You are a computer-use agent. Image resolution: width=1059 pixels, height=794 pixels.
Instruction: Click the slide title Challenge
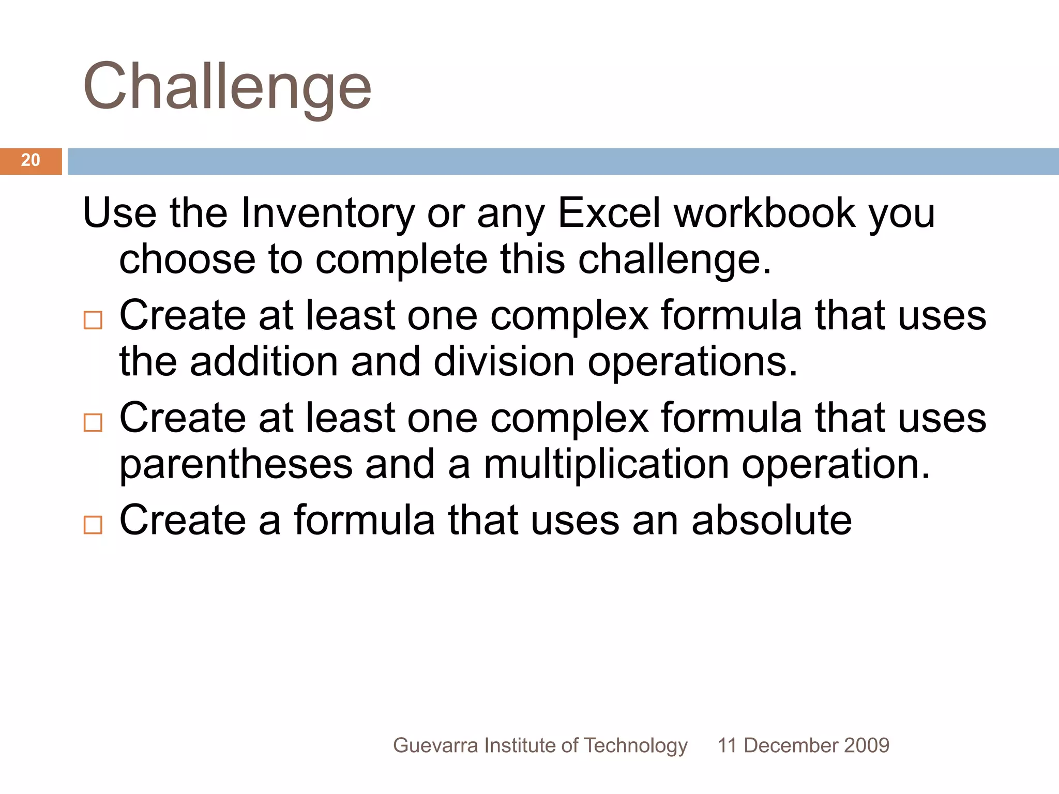(227, 87)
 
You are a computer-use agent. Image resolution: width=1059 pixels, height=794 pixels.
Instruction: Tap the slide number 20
(31, 160)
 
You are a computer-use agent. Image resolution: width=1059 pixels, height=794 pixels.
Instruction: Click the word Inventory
(327, 213)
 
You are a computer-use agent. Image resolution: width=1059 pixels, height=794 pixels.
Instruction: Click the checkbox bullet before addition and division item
(93, 320)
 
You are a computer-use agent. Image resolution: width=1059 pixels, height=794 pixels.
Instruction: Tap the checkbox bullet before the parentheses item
(93, 422)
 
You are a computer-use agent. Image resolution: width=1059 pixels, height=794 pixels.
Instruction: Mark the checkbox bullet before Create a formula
(93, 525)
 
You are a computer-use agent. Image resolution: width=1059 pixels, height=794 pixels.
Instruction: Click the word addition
(264, 361)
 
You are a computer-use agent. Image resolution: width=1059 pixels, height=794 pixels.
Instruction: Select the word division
(504, 361)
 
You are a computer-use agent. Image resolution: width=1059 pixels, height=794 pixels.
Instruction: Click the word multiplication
(606, 464)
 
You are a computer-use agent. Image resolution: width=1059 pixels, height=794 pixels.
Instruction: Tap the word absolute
(771, 520)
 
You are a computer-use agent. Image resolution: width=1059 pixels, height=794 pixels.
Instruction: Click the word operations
(692, 361)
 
